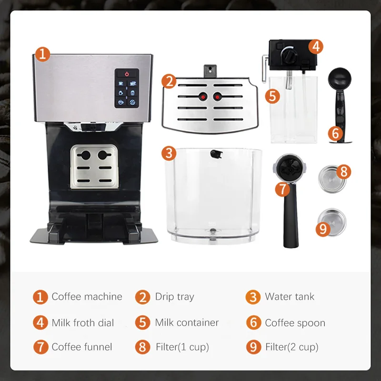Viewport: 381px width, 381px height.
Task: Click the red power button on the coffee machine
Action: point(127,74)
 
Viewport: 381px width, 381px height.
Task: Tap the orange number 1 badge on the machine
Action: point(42,54)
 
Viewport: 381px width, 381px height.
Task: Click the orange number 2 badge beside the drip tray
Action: point(169,80)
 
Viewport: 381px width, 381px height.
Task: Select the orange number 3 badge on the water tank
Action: point(169,153)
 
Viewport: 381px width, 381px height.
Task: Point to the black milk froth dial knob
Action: point(288,54)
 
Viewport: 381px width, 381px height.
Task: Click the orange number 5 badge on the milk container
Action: point(272,96)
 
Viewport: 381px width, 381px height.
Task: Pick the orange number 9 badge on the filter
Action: point(323,229)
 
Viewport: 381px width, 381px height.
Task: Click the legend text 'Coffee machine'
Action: point(87,297)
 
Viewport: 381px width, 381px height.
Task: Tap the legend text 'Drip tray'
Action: point(174,297)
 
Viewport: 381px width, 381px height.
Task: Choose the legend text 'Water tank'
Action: point(290,297)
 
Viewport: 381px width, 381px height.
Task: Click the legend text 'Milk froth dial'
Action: point(83,322)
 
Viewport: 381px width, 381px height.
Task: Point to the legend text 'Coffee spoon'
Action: point(295,322)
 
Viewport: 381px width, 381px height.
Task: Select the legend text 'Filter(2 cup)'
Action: point(291,347)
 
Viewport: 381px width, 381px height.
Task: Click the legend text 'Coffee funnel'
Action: point(81,347)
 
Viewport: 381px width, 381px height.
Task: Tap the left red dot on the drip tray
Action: point(203,97)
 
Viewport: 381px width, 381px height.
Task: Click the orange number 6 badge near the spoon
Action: point(336,134)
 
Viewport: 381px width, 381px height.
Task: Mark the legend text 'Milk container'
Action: point(187,322)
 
